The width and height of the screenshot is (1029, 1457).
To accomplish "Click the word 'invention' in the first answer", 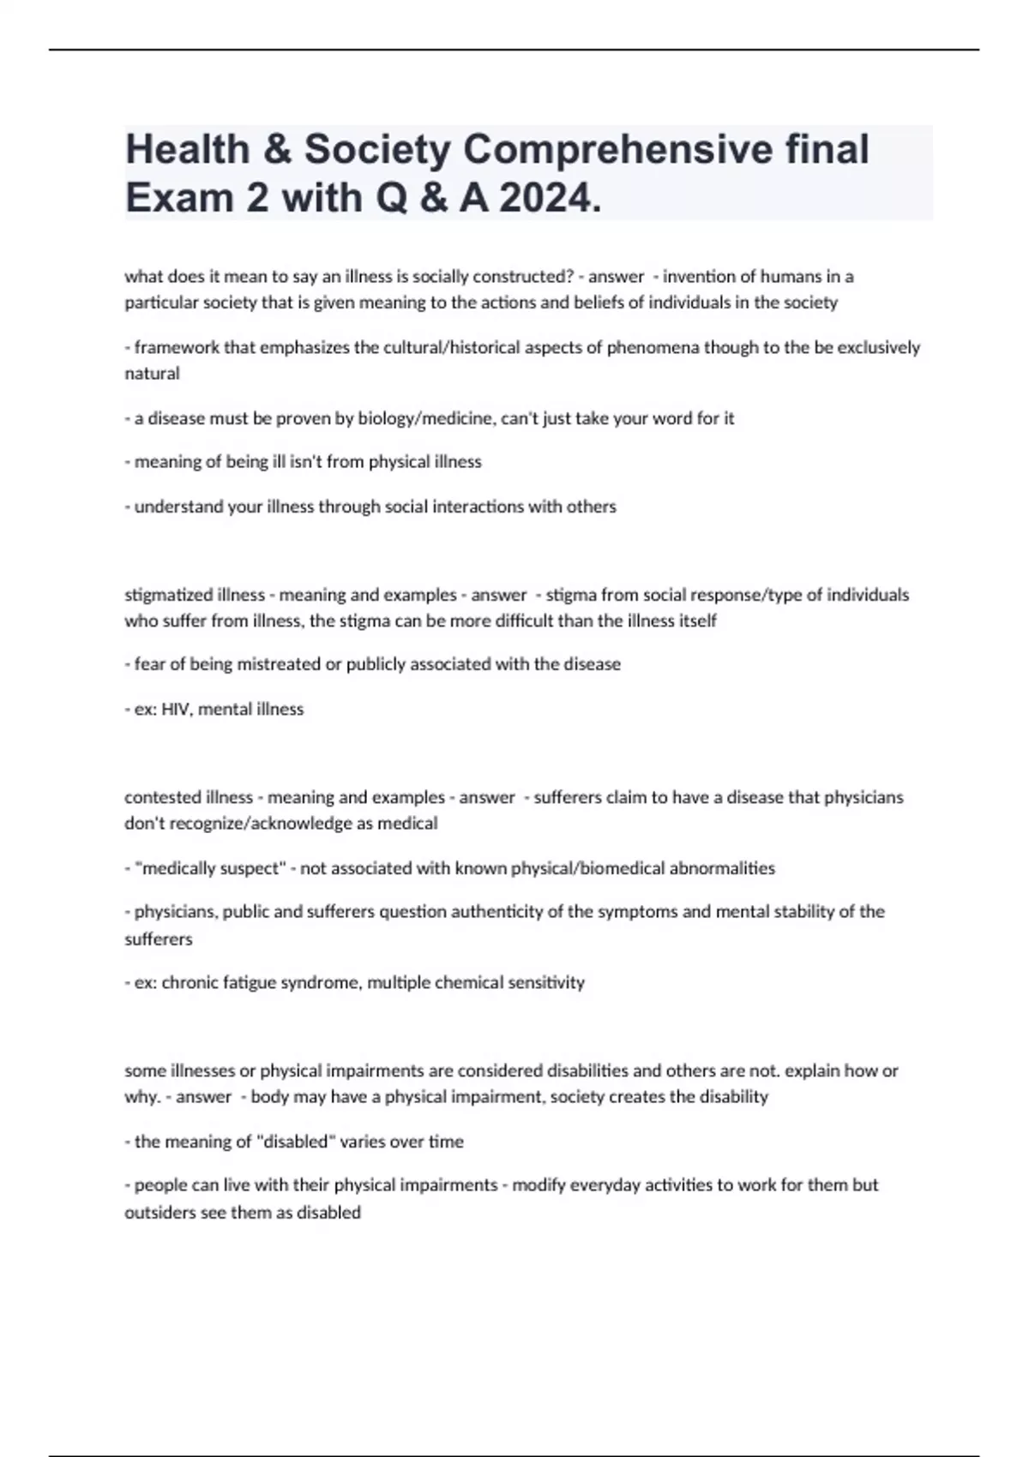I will pyautogui.click(x=698, y=277).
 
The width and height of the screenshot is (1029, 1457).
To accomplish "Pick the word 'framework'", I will pyautogui.click(x=176, y=347).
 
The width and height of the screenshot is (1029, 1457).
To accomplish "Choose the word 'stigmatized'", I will pyautogui.click(x=168, y=595).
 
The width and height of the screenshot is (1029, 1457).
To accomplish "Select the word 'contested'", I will pyautogui.click(x=164, y=797).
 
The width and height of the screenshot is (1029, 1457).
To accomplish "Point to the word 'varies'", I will pyautogui.click(x=366, y=1142).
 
